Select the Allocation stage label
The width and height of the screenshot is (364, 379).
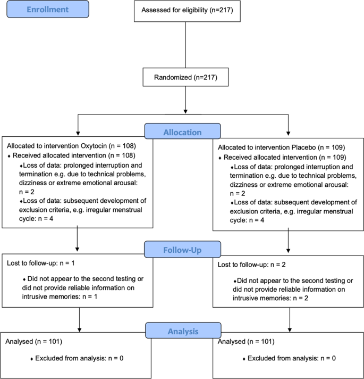point(182,131)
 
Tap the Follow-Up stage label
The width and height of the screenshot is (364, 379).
point(182,249)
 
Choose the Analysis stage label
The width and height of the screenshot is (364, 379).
point(182,331)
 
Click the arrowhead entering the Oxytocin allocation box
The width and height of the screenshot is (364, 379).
point(79,133)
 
